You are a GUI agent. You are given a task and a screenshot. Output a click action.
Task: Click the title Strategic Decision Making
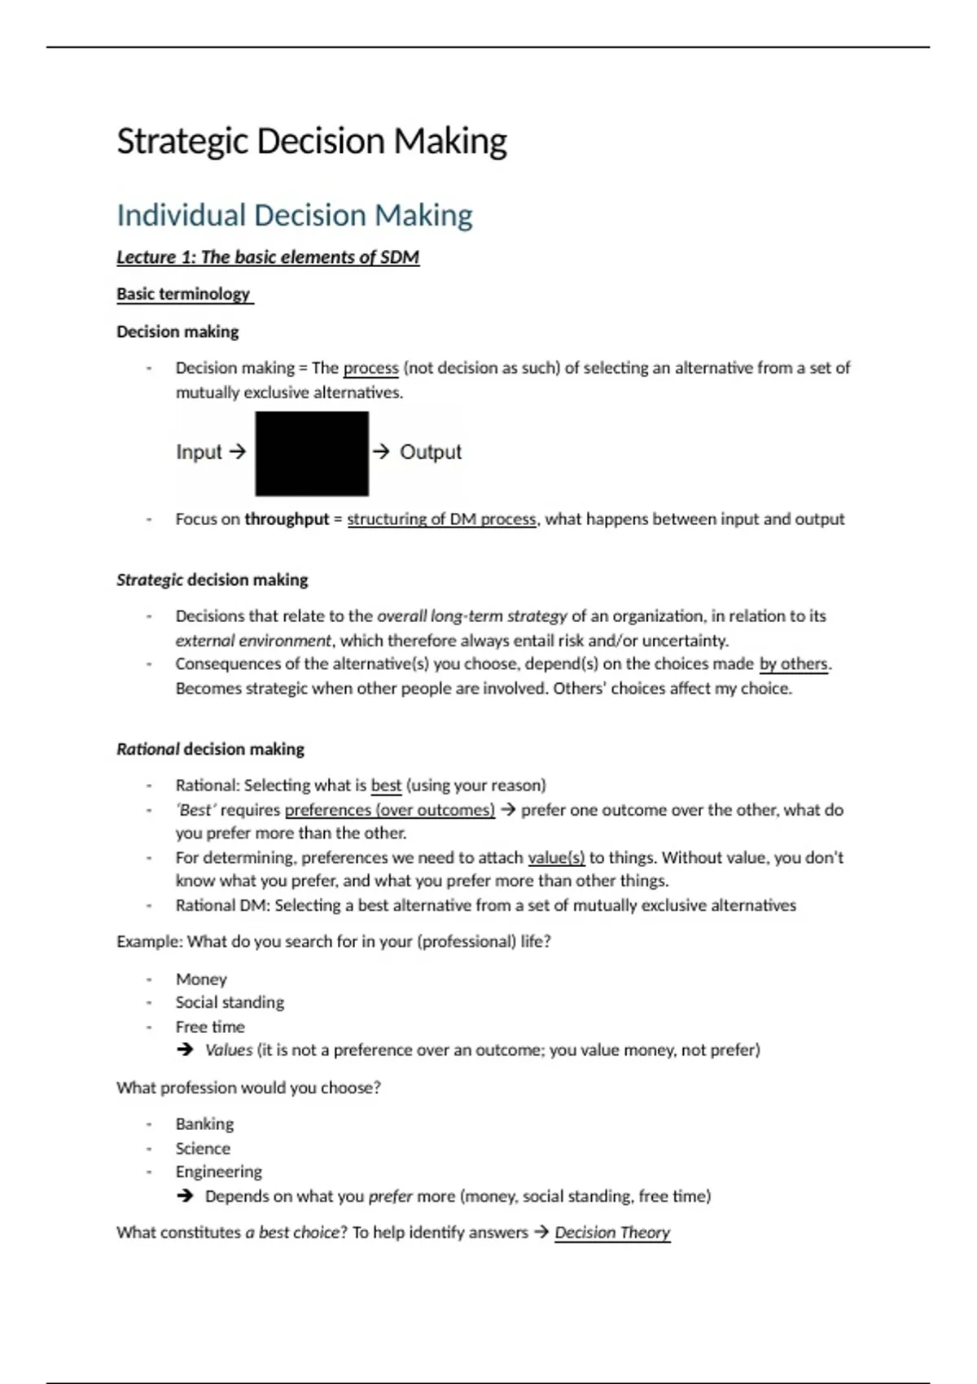coord(312,141)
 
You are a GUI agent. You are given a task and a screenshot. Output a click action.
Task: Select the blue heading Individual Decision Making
coord(294,216)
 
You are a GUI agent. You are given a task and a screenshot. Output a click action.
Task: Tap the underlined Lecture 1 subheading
coord(268,257)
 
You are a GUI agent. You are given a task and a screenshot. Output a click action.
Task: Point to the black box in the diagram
coord(312,453)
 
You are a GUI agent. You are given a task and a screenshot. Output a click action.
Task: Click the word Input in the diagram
coord(199,452)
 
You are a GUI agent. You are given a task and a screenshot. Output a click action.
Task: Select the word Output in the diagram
coord(430,452)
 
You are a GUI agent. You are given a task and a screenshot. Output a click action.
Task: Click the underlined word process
coord(370,368)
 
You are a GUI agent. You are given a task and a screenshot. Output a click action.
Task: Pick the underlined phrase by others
coord(793,664)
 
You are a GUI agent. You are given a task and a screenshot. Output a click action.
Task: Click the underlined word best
coord(386,786)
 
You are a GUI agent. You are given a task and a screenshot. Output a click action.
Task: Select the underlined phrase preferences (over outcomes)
coord(390,810)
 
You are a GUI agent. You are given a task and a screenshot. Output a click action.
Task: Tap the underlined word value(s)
coord(556,857)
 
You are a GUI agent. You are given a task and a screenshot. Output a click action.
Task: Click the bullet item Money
coord(201,979)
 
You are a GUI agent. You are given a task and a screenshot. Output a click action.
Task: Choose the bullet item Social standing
coord(230,1002)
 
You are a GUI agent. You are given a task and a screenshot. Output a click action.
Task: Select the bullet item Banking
coord(204,1124)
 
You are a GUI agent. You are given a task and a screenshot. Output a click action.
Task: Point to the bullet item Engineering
coord(218,1172)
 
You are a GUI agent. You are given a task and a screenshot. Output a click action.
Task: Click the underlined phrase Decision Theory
coord(612,1233)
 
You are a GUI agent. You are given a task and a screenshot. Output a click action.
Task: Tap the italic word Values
coord(229,1050)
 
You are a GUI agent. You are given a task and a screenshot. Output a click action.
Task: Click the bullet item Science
coord(203,1149)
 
